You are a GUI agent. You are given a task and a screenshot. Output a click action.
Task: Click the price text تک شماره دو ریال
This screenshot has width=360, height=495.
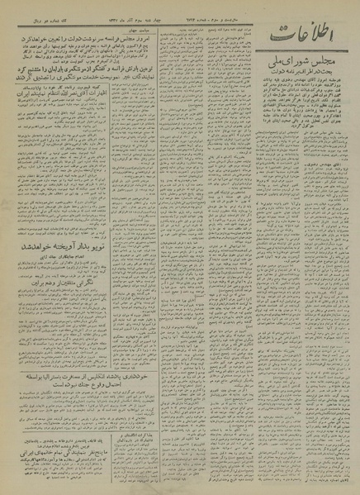point(25,15)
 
